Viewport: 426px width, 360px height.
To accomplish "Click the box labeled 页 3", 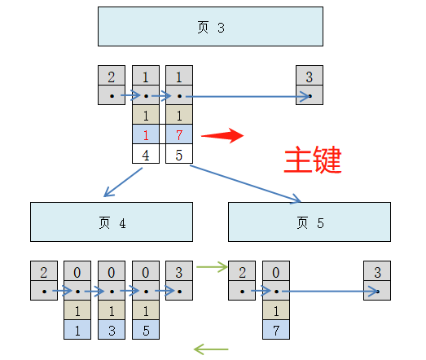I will pos(210,27).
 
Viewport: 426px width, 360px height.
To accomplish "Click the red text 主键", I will pos(312,160).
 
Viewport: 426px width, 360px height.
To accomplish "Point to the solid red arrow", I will pos(222,135).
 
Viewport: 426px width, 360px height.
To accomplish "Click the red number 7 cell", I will pos(179,134).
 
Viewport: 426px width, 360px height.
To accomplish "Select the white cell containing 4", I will pos(146,153).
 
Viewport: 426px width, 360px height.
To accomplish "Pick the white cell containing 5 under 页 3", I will pos(179,153).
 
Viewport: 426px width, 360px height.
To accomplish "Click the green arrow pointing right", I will pos(212,266).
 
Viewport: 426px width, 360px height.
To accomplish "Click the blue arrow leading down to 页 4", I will pos(123,182).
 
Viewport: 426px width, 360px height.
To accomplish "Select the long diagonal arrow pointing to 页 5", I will pos(245,184).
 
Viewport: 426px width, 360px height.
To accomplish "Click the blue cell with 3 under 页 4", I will pos(112,329).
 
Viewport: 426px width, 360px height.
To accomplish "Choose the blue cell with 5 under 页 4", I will pos(146,329).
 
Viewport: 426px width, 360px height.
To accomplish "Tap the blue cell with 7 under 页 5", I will pos(276,329).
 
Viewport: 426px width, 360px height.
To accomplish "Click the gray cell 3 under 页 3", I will pos(310,77).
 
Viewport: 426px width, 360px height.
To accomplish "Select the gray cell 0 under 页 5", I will pos(276,271).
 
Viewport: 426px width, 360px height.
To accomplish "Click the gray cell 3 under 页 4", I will pos(179,271).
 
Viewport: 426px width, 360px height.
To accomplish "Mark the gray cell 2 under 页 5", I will pos(242,271).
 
